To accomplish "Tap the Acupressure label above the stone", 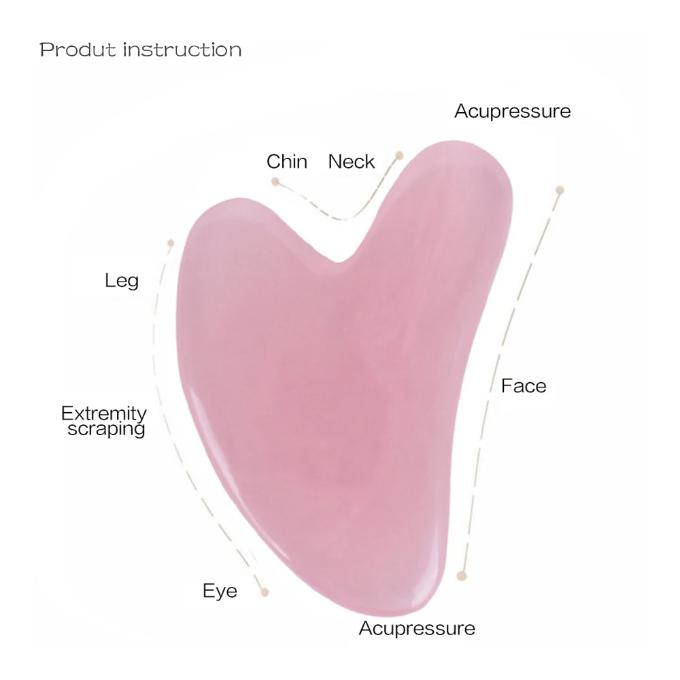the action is (x=512, y=111).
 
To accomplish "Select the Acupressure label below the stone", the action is (x=417, y=628).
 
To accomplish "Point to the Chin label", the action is (x=286, y=162).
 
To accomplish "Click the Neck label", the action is (x=351, y=162).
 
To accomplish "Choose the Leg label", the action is (x=122, y=280).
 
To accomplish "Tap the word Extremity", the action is (x=103, y=413).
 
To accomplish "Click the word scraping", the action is (x=106, y=429).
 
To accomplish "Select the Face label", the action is (x=524, y=386).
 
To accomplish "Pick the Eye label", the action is (x=220, y=591).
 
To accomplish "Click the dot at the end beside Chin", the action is (x=275, y=182).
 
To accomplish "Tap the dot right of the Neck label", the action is (x=400, y=155).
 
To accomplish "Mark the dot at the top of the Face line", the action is (x=560, y=190).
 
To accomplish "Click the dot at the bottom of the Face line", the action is (x=462, y=576).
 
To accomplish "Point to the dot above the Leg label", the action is (x=171, y=243).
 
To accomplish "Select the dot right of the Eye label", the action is (x=265, y=592).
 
